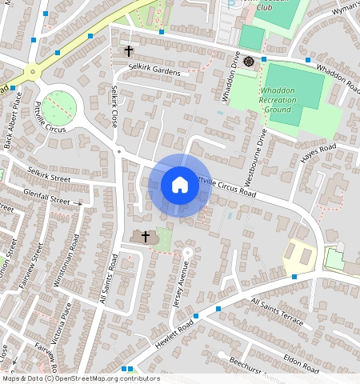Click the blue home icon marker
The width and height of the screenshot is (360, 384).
coord(180,186)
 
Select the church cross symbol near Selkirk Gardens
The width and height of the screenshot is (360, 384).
coord(129,51)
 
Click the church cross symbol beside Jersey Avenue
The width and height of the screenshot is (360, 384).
coord(146,237)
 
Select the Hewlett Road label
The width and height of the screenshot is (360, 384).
coord(175,327)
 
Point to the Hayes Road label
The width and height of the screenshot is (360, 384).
coord(318,151)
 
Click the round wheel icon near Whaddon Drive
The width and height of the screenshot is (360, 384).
coord(249,62)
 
